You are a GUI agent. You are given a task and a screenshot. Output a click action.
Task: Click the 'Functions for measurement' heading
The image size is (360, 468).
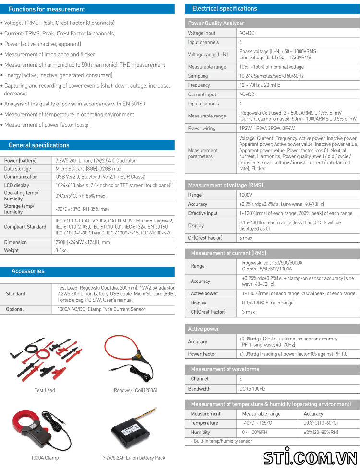coord(47,9)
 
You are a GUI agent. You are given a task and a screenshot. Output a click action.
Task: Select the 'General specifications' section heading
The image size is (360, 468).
coord(39,145)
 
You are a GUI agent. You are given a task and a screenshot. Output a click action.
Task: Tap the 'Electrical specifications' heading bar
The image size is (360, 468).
coord(225,9)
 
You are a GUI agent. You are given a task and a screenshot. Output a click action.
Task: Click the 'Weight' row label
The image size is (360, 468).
coord(12,250)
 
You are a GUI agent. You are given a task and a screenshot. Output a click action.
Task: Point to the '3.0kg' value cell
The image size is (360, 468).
coord(61,250)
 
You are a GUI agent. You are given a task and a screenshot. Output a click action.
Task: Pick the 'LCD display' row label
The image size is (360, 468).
coord(17,185)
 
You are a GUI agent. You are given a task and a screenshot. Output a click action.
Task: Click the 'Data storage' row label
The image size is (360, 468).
coord(18,169)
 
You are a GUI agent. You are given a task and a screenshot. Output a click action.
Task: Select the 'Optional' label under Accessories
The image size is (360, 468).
coord(15,309)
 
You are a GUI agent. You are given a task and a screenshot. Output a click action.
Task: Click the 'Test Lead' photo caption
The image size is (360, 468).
coord(45,390)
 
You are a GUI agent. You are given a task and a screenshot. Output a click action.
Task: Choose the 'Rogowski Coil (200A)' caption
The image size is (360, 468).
coord(135,390)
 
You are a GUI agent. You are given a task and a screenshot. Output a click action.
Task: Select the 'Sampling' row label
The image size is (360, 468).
coord(198,76)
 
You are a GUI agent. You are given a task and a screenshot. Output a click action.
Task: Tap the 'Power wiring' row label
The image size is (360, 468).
coord(202,129)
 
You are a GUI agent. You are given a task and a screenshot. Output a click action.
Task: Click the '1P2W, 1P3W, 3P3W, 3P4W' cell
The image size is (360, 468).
coord(267,129)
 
